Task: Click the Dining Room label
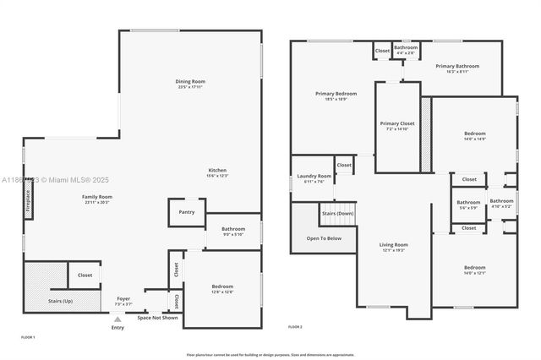[191, 82]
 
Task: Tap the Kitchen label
[217, 172]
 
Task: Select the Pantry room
[187, 212]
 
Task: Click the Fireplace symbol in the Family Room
[28, 204]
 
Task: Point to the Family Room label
[96, 199]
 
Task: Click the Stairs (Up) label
[61, 300]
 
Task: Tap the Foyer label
[123, 299]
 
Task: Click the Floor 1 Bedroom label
[221, 288]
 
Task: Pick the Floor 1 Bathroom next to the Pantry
[233, 231]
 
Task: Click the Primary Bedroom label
[336, 95]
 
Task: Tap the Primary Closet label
[397, 126]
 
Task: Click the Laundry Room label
[314, 178]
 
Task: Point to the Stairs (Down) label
[338, 214]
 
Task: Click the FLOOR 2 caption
[295, 326]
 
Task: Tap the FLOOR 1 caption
[27, 337]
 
